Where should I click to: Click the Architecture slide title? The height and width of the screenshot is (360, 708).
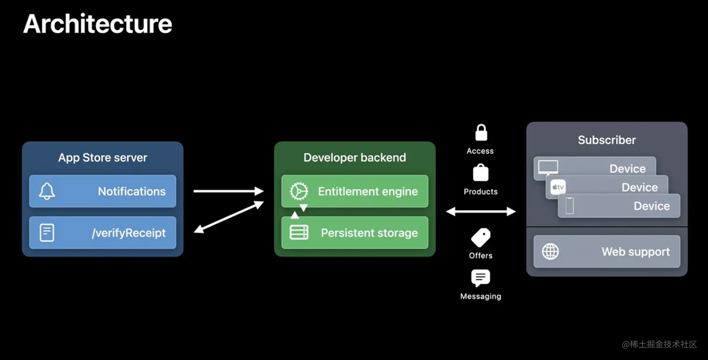(x=98, y=23)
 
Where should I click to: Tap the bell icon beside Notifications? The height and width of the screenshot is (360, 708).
(x=47, y=191)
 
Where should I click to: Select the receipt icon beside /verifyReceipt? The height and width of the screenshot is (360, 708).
(x=47, y=233)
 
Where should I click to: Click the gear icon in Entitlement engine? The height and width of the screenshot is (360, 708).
(x=299, y=191)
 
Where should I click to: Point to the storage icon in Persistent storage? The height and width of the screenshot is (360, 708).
(x=299, y=233)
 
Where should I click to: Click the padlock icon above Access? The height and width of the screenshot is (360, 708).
(x=481, y=133)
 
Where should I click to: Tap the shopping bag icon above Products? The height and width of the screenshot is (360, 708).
(x=481, y=173)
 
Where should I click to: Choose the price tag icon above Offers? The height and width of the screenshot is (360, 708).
(x=480, y=237)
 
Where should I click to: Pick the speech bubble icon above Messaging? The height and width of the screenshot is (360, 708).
(x=480, y=278)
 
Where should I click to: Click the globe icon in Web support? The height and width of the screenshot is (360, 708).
(x=550, y=251)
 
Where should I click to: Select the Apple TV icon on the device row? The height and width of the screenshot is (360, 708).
(x=558, y=187)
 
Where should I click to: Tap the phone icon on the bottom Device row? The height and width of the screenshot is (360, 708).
(x=569, y=206)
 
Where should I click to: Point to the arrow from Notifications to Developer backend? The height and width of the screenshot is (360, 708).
(x=229, y=191)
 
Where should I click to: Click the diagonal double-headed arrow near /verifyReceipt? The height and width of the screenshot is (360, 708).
(x=229, y=217)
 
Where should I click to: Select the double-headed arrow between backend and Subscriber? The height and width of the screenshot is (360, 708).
(x=481, y=212)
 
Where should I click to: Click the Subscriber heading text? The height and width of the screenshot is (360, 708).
(x=607, y=140)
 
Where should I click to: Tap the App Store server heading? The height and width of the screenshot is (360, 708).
(x=103, y=158)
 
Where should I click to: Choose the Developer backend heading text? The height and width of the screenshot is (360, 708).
(x=354, y=158)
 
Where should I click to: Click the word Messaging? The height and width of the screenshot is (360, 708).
(x=480, y=296)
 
